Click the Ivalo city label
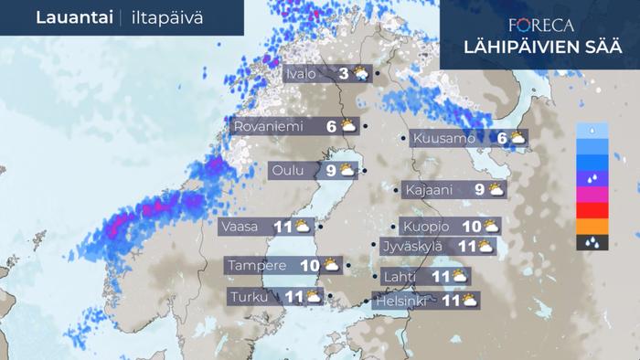click(x=301, y=74)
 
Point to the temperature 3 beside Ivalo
click(x=343, y=74)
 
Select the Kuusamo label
click(x=443, y=139)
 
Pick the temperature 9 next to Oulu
click(x=331, y=170)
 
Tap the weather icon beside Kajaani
click(x=496, y=190)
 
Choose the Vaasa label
click(x=239, y=226)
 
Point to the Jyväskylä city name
click(x=411, y=246)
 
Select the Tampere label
click(x=257, y=266)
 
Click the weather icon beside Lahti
click(x=459, y=276)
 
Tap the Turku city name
click(x=251, y=297)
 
